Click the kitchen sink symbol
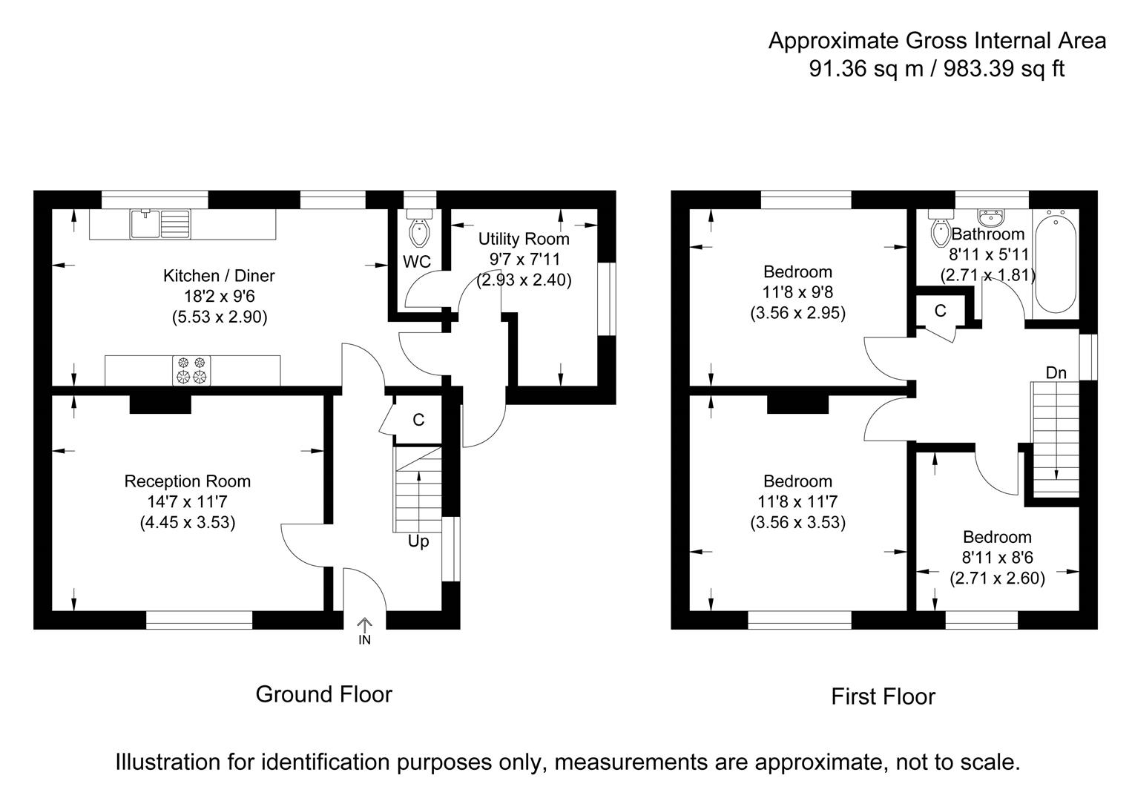160,224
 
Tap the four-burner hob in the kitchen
191,370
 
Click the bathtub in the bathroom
1055,264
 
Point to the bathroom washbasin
991,218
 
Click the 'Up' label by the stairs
418,541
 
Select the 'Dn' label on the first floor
1056,373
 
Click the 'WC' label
417,262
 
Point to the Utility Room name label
524,239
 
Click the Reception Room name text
188,481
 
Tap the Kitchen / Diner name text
219,275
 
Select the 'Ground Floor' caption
324,694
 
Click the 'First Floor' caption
883,697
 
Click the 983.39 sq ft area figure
1004,69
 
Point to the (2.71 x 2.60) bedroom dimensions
997,578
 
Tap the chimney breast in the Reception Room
160,404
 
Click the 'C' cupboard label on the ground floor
418,420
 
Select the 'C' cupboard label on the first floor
940,311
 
